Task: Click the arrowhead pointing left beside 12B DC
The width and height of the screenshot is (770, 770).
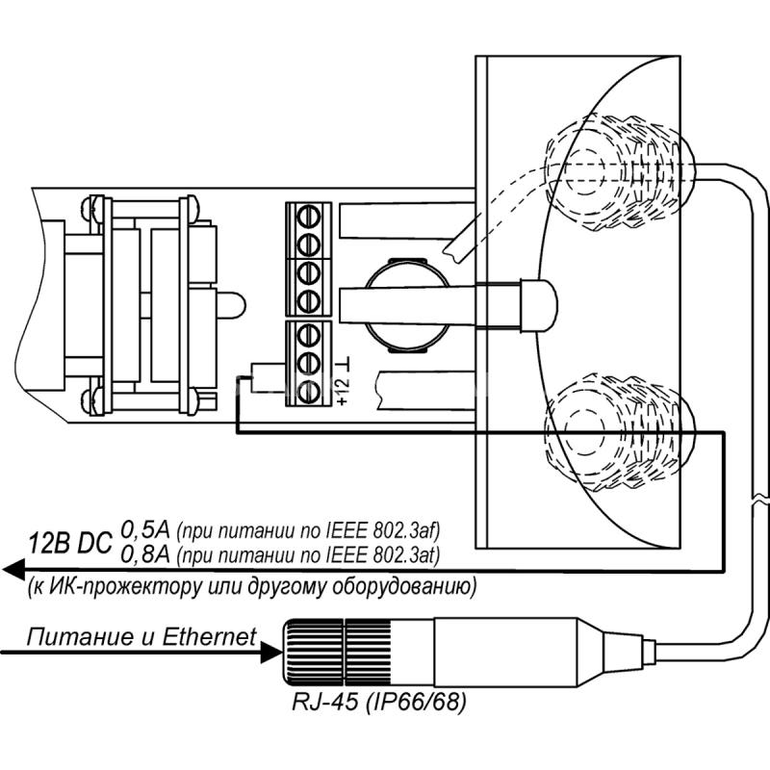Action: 13,570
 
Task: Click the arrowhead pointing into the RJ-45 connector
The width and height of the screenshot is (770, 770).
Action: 272,653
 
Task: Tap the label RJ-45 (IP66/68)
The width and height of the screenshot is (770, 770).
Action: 379,703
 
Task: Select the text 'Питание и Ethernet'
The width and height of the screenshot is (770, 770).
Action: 141,637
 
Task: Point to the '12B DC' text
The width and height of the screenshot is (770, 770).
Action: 70,544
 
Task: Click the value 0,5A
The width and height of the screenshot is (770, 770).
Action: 145,530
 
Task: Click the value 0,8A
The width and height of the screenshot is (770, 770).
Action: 145,555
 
